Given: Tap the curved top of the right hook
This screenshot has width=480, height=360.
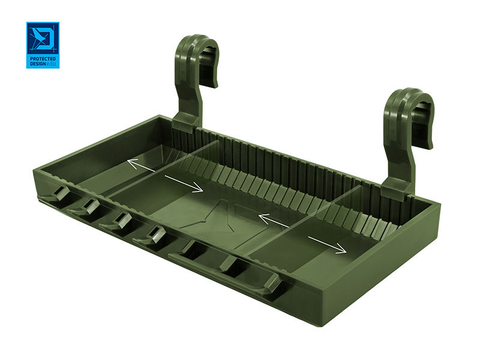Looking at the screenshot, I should point(413,97).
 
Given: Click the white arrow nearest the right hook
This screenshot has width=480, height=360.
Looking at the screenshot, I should point(327,245).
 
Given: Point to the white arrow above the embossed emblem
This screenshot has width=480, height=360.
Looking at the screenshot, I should point(184,184).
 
